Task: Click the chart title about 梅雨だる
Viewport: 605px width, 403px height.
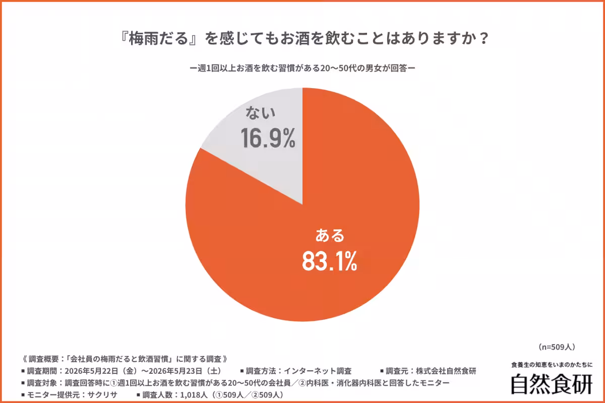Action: [305, 38]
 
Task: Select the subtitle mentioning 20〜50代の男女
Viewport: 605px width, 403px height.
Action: [302, 68]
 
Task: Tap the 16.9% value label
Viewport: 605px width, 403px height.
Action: [268, 138]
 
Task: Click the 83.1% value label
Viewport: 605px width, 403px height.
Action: [330, 261]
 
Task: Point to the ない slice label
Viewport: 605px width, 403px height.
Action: [260, 113]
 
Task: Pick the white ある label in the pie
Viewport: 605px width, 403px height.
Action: [330, 235]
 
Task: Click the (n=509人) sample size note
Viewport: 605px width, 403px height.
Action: [557, 347]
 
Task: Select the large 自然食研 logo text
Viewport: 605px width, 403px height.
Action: [552, 384]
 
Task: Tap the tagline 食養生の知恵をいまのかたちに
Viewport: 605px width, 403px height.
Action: [552, 365]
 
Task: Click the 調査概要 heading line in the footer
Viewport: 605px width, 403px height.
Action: [125, 359]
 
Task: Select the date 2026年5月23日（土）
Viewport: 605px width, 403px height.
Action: [186, 371]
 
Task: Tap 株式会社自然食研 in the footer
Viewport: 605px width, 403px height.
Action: [446, 371]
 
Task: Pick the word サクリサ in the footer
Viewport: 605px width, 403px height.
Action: [102, 395]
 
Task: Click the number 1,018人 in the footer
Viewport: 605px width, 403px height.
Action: [194, 395]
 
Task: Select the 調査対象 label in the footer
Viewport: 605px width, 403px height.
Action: [42, 383]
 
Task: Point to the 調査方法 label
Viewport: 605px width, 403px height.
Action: [261, 371]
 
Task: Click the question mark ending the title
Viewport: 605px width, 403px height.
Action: [483, 39]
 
